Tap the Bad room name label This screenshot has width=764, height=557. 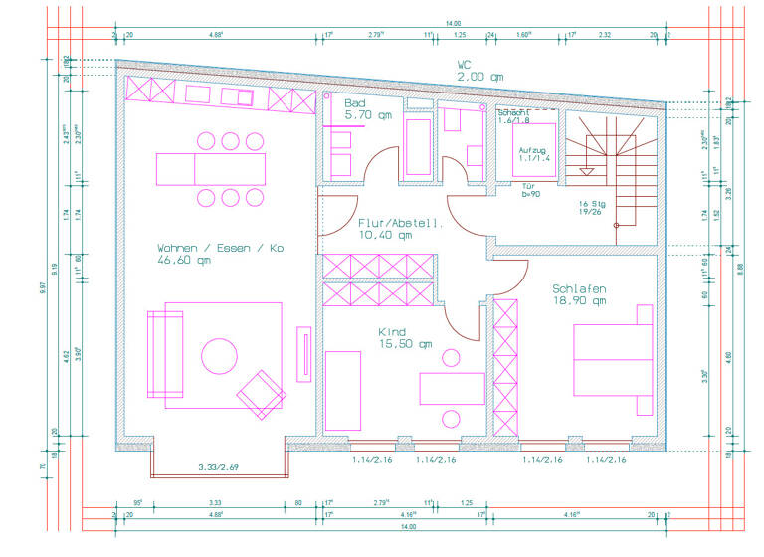click(355, 103)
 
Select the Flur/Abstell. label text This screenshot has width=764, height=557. click(400, 224)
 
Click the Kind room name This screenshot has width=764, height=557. click(391, 331)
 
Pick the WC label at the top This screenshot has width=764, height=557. click(464, 65)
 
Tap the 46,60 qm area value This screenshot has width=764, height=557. click(184, 261)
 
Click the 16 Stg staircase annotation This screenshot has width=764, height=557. click(595, 205)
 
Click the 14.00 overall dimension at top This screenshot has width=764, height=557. click(453, 23)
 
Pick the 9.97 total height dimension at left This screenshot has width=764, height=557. click(42, 287)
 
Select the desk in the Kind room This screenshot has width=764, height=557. click(452, 387)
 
